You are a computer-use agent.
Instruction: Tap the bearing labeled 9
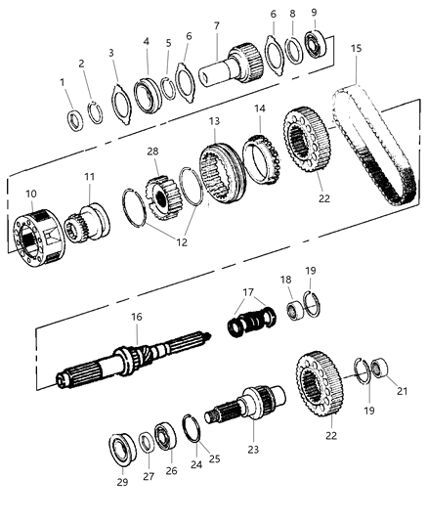tap(318, 45)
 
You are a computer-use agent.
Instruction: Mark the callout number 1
tap(64, 85)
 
